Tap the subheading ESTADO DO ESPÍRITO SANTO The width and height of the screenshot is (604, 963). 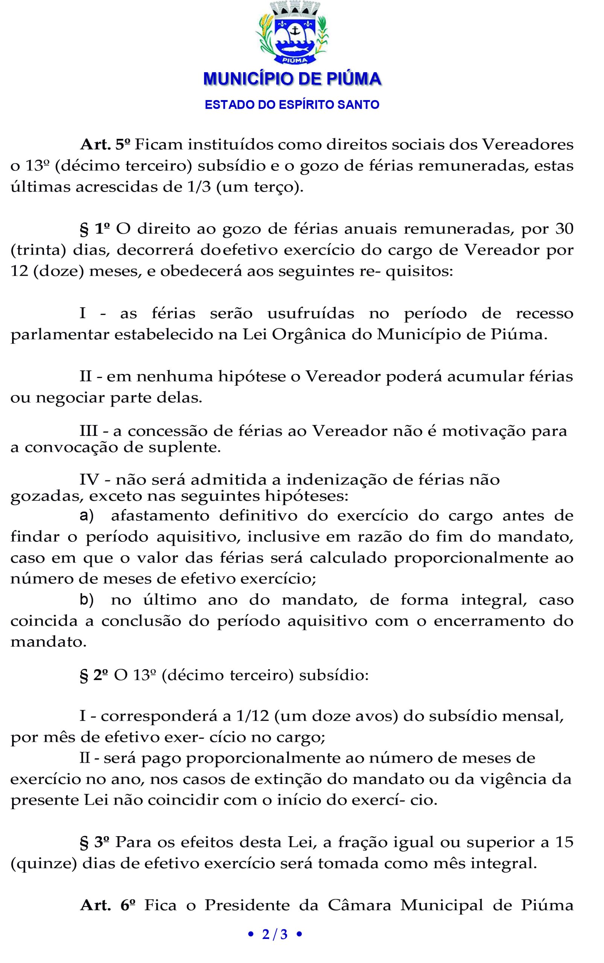(292, 105)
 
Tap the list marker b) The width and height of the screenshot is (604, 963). (87, 600)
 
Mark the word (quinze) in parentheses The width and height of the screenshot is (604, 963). (44, 863)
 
